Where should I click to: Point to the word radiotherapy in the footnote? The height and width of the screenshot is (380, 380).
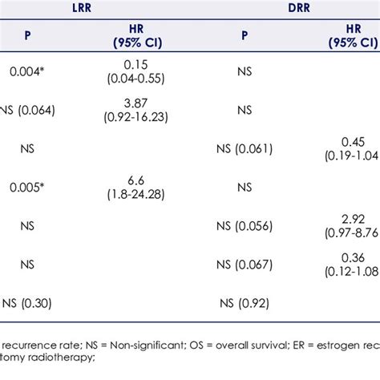click(67, 360)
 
